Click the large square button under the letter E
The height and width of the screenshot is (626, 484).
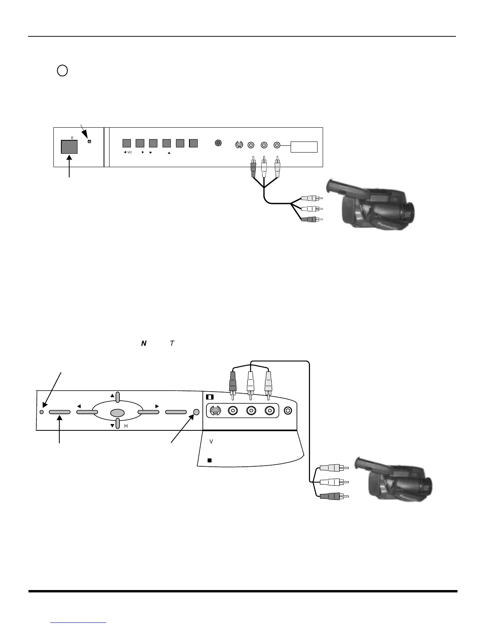[69, 147]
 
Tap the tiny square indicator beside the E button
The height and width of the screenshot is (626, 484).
[89, 141]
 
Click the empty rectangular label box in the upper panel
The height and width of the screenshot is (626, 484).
[304, 147]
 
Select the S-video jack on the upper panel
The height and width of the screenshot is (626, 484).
[238, 145]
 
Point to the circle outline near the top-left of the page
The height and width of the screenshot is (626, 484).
[62, 71]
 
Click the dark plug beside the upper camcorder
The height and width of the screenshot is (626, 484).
[308, 219]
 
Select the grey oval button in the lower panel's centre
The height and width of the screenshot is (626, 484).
[117, 413]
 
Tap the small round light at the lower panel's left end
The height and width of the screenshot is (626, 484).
[42, 412]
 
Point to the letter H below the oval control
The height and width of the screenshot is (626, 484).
[126, 426]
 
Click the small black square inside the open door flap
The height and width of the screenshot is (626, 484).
[210, 460]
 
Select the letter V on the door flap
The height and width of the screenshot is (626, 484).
[211, 441]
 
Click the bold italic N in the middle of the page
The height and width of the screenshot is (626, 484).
[144, 344]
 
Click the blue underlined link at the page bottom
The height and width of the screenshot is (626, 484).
[79, 622]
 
